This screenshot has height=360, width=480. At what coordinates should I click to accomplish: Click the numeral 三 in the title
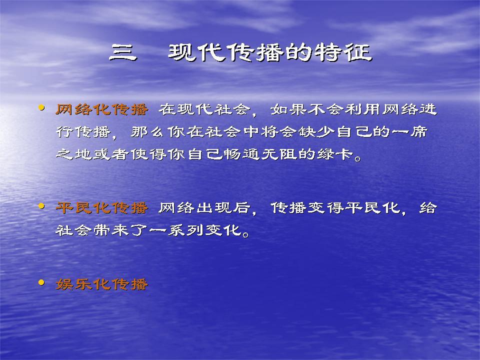123,52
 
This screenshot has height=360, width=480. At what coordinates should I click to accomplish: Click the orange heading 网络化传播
102,109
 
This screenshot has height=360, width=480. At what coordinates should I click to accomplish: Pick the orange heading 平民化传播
102,208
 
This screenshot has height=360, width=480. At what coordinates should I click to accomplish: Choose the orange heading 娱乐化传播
102,284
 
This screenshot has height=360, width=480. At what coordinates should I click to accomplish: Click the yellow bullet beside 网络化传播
41,108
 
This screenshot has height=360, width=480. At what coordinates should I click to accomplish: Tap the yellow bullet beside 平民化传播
41,206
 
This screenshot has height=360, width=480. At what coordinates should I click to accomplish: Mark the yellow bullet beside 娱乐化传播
41,283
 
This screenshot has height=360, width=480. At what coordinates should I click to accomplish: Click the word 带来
111,230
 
